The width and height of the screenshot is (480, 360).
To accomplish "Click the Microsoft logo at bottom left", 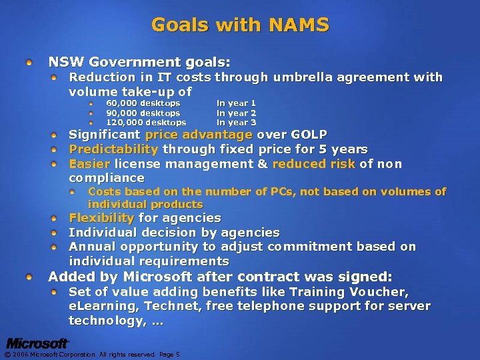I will pyautogui.click(x=38, y=343).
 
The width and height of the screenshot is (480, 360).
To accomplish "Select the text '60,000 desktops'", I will pyautogui.click(x=143, y=103).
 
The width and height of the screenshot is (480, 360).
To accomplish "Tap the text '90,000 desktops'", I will pyautogui.click(x=143, y=113).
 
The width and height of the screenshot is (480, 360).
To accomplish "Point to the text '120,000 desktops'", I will pyautogui.click(x=146, y=123).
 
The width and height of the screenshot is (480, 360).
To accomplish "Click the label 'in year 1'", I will pyautogui.click(x=236, y=103).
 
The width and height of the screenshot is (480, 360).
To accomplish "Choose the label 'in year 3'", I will pyautogui.click(x=236, y=123).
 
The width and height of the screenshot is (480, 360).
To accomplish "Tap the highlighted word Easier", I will pyautogui.click(x=89, y=164).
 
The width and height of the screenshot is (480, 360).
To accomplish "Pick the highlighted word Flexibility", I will pyautogui.click(x=102, y=218).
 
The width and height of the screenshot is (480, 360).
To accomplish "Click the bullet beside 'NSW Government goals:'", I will pyautogui.click(x=30, y=63).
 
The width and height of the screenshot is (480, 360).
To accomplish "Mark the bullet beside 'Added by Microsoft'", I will pyautogui.click(x=30, y=277).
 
